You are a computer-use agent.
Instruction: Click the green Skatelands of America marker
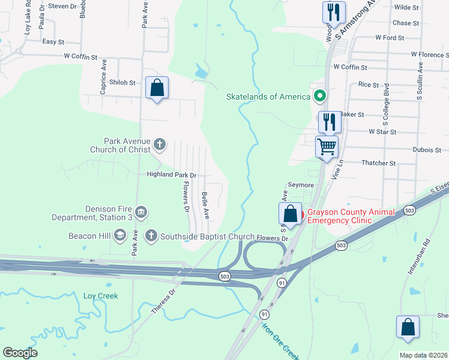click(320, 96)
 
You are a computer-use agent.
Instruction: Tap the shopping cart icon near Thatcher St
click(327, 146)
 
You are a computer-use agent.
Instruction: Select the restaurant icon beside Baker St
click(330, 121)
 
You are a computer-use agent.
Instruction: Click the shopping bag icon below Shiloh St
click(157, 88)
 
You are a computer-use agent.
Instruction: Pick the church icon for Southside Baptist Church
click(151, 236)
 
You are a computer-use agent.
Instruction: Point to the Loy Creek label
click(100, 296)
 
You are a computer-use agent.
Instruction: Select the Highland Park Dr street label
click(172, 175)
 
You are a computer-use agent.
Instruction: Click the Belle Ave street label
click(205, 205)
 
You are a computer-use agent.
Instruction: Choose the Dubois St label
click(427, 149)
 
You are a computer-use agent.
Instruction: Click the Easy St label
click(53, 42)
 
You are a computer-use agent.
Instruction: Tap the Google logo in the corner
click(20, 353)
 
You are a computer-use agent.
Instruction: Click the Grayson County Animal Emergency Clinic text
click(351, 216)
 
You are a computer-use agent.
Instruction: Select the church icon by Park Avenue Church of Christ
click(160, 144)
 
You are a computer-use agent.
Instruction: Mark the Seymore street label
click(301, 185)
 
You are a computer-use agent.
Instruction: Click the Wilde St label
click(406, 7)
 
